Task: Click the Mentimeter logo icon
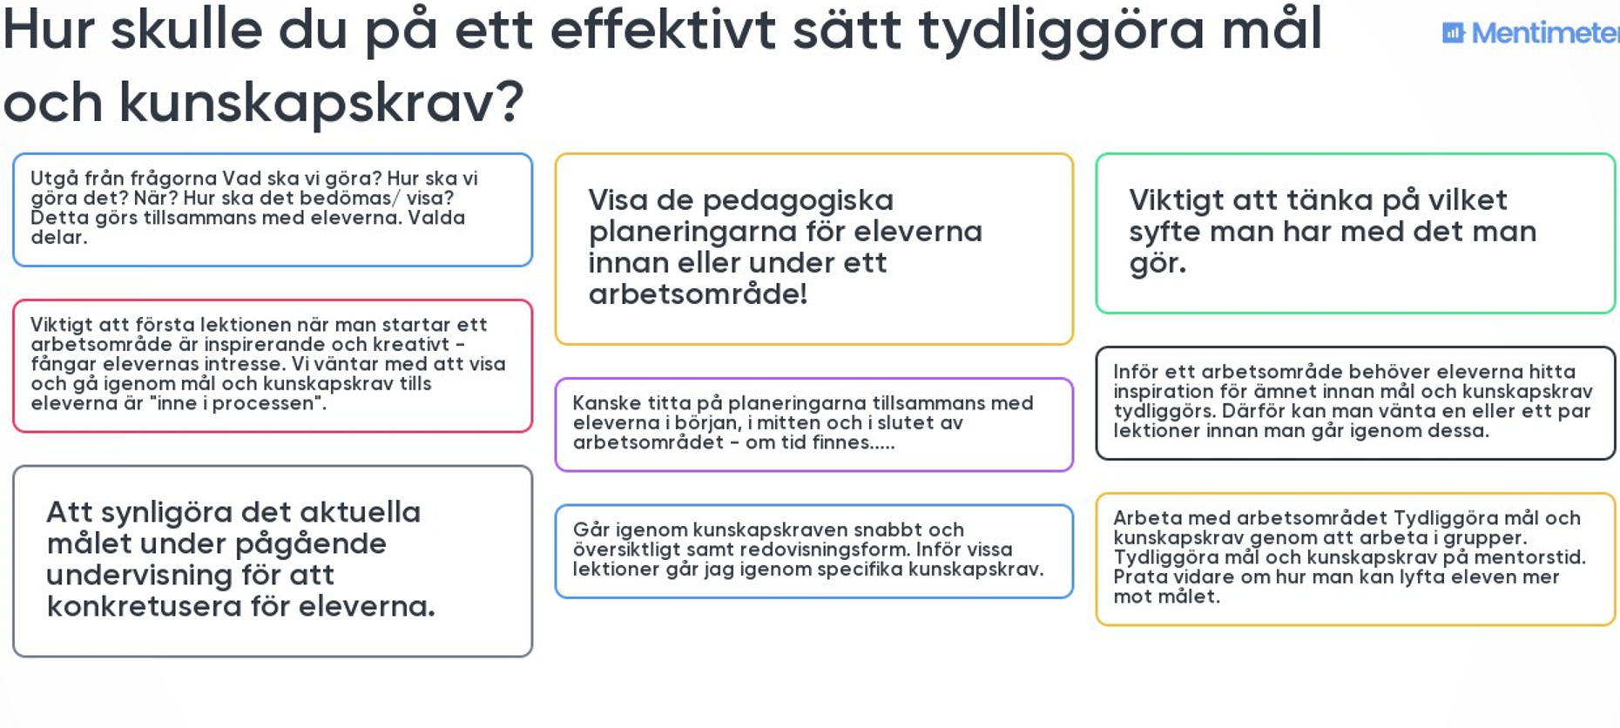tap(1453, 33)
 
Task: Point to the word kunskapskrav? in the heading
tap(321, 103)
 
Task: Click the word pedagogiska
tap(798, 201)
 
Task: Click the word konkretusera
tap(143, 606)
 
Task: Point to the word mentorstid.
tap(1537, 557)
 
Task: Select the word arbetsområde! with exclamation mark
tap(698, 294)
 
